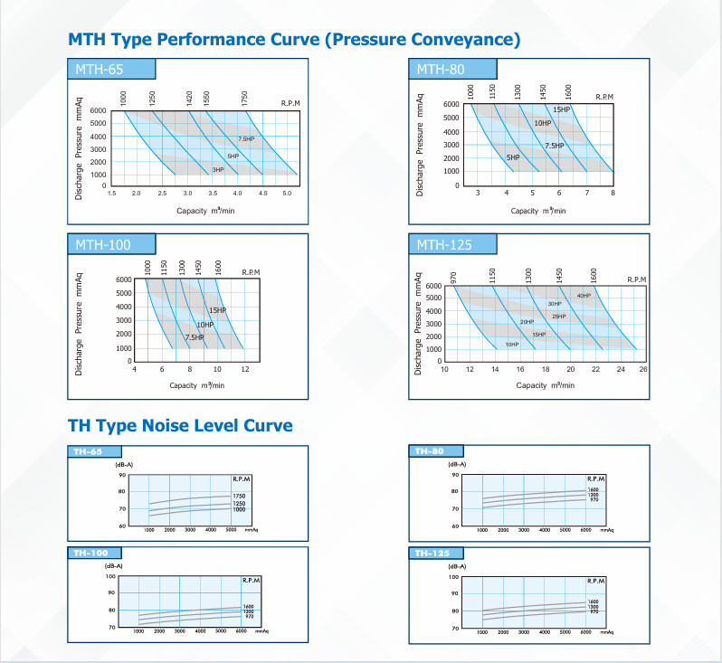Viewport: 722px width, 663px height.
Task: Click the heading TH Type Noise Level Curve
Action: pyautogui.click(x=180, y=425)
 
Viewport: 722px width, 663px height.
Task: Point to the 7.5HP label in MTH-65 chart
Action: pyautogui.click(x=246, y=139)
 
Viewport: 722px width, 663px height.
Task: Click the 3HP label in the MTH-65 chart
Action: pyautogui.click(x=218, y=170)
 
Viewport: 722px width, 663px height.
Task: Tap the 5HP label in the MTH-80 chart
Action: pyautogui.click(x=512, y=157)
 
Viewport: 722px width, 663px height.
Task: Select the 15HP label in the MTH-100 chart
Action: pyautogui.click(x=217, y=310)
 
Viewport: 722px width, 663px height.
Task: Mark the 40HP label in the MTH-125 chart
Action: pyautogui.click(x=584, y=296)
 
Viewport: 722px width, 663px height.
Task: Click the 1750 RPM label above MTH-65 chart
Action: pyautogui.click(x=244, y=98)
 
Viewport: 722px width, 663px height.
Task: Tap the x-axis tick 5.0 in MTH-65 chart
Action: pyautogui.click(x=287, y=194)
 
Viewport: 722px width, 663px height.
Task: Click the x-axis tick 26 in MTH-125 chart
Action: pyautogui.click(x=643, y=369)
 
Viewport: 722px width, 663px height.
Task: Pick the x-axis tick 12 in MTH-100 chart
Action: pyautogui.click(x=244, y=369)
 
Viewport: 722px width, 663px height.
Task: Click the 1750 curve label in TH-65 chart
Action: pyautogui.click(x=240, y=497)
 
